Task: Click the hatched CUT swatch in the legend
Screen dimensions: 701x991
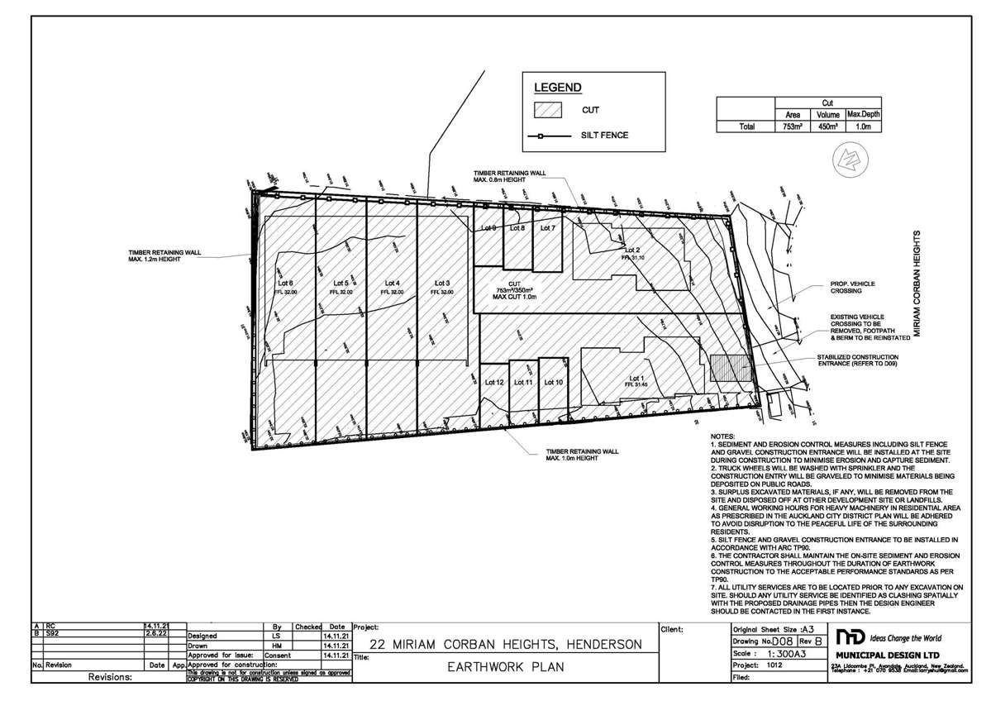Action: coord(548,110)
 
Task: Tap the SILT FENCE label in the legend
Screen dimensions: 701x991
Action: coord(604,135)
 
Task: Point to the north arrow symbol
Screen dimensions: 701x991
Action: coord(849,157)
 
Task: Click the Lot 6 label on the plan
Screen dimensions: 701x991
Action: coord(286,284)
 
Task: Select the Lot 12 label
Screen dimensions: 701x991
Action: coord(494,382)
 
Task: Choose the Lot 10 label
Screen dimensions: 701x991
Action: coord(553,382)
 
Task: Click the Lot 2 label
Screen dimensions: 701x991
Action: coord(633,250)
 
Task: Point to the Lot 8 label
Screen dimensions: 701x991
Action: coord(517,227)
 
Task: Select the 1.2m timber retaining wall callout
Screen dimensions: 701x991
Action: coord(164,257)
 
